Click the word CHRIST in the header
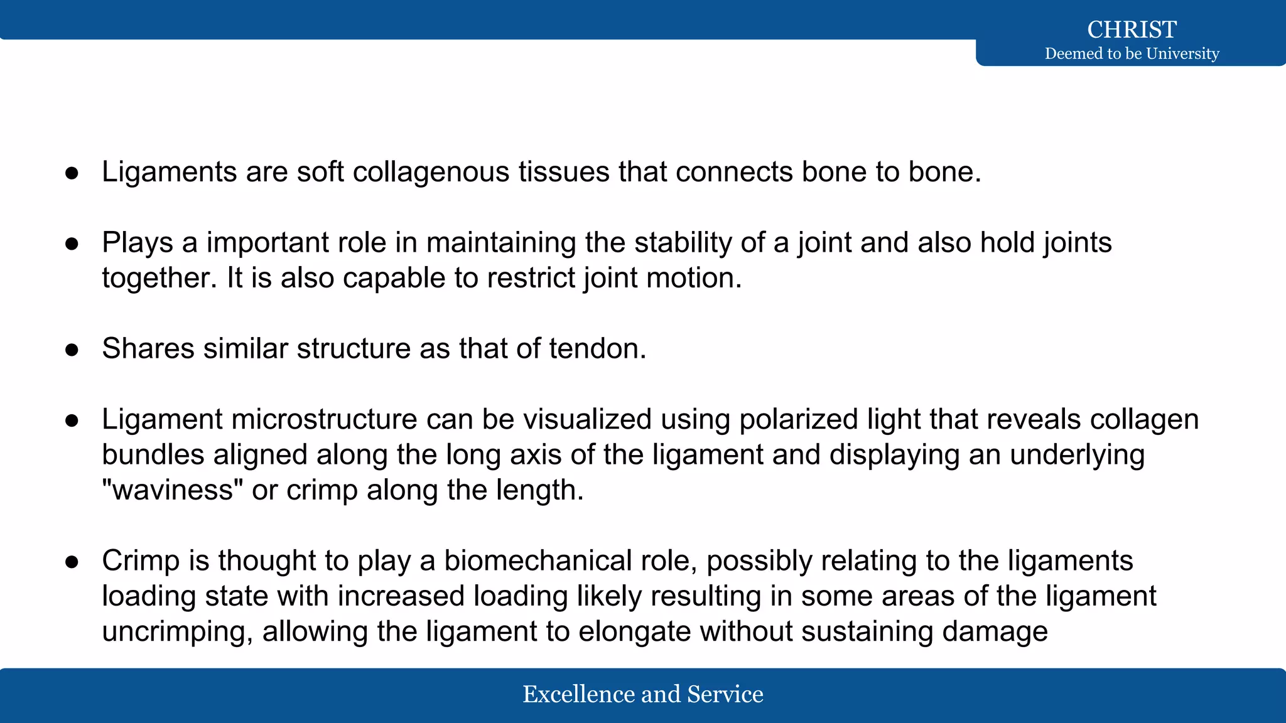coord(1132,29)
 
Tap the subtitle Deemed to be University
coord(1132,54)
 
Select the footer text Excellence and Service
coord(643,694)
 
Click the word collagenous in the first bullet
coord(431,172)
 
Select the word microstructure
coord(324,419)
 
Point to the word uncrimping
coord(177,631)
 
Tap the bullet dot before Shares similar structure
coord(72,350)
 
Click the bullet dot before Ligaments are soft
coord(72,173)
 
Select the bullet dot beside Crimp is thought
coord(72,562)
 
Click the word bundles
coord(153,455)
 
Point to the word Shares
coord(148,349)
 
